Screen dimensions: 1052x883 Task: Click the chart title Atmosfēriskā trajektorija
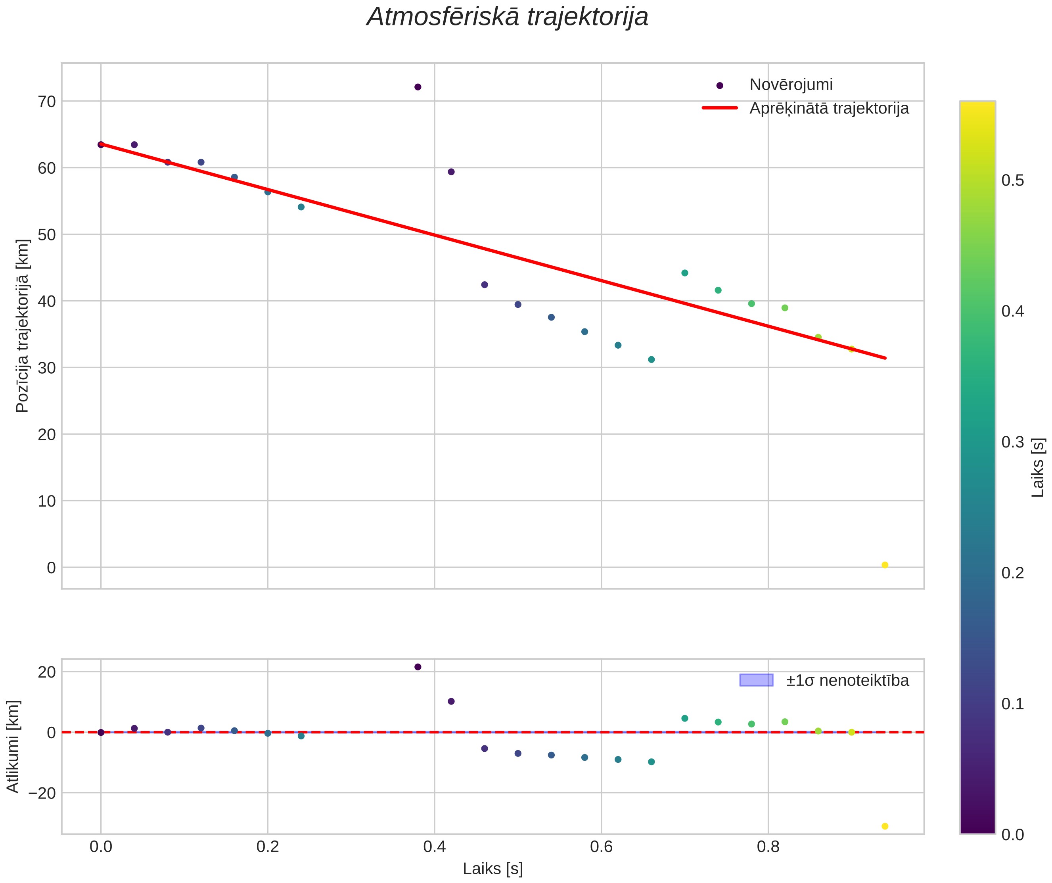tap(508, 17)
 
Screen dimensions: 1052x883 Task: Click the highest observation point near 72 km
tap(418, 87)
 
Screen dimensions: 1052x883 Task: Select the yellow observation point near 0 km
tap(885, 565)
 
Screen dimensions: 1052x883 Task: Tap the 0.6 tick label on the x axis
tap(601, 847)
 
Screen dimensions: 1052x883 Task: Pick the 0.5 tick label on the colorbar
tap(1012, 180)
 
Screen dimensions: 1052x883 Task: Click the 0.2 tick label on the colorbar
tap(1012, 573)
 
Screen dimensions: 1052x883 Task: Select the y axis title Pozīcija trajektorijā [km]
tap(23, 326)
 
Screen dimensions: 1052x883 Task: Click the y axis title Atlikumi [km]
tap(13, 747)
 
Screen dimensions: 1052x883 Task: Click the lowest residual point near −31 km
tap(885, 826)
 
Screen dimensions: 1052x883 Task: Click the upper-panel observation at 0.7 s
tap(685, 273)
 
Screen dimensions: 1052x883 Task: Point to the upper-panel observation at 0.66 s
tap(651, 359)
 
